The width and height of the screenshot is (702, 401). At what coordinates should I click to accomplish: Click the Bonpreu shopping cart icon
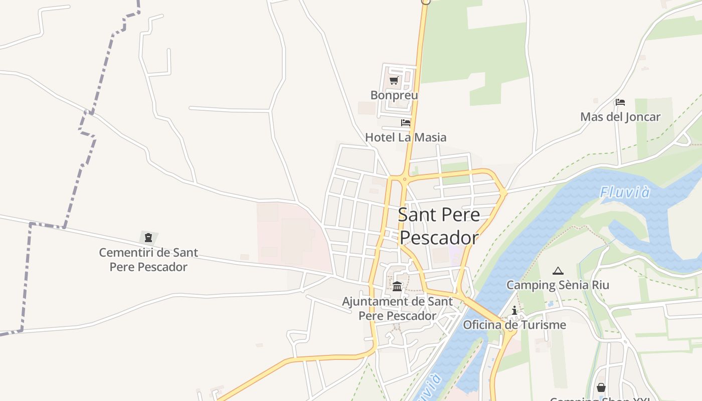394,80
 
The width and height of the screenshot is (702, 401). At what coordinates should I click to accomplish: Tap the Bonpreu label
394,95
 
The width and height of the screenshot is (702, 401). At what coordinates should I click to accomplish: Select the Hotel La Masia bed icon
406,122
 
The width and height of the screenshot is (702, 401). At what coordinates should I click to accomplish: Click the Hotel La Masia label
406,137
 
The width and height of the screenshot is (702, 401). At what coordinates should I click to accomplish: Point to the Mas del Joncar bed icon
620,102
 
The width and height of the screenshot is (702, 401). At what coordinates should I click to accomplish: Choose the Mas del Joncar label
620,117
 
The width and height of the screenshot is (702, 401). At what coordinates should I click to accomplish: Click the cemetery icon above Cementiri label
148,237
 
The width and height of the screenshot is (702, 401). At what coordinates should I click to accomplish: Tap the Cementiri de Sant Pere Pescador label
148,259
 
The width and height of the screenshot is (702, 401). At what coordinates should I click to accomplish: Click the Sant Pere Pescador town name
439,226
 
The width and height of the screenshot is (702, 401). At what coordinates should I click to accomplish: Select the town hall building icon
397,286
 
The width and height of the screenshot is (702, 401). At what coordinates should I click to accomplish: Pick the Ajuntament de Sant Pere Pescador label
397,308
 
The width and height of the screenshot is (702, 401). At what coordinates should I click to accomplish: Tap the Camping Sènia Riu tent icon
558,271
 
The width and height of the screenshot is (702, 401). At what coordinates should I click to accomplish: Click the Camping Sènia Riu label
558,285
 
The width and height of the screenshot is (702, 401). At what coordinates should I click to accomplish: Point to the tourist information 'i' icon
514,311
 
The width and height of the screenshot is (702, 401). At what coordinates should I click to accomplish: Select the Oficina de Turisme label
514,325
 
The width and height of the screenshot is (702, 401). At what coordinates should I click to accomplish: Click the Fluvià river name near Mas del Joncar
625,192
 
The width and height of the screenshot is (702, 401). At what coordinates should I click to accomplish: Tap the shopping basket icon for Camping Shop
601,387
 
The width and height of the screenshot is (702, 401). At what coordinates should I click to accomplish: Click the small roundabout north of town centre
404,178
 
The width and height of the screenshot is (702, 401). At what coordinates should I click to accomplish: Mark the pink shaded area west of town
291,236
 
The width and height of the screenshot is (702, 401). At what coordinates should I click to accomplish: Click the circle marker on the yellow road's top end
426,2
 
